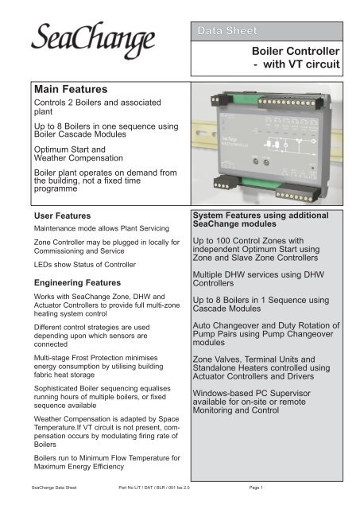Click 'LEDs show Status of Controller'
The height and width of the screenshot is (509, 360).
pyautogui.click(x=85, y=263)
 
